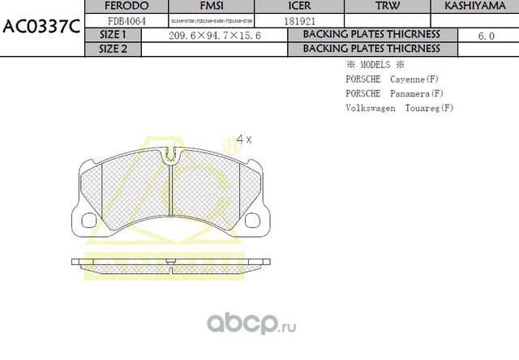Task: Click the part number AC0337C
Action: (x=41, y=25)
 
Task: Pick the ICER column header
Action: (x=300, y=6)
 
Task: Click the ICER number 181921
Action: (x=300, y=20)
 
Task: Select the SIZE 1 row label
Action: (x=113, y=35)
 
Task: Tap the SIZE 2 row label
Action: (x=113, y=49)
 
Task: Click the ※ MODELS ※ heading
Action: (x=375, y=65)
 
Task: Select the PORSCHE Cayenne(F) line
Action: (x=392, y=79)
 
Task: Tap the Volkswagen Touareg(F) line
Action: (x=399, y=108)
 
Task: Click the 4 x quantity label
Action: (x=243, y=139)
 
